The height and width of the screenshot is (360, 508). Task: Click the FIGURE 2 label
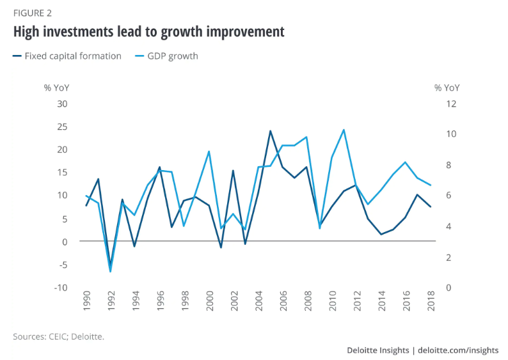(33, 12)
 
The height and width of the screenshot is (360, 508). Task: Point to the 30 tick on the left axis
(63, 104)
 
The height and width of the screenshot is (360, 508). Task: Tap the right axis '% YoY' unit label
(447, 88)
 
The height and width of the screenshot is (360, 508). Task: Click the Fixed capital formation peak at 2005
(270, 131)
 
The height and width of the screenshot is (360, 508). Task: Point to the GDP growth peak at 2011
(344, 130)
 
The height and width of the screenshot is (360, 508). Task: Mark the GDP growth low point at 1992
(111, 272)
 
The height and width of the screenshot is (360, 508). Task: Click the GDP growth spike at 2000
(209, 152)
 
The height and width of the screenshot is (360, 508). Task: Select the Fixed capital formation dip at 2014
(381, 235)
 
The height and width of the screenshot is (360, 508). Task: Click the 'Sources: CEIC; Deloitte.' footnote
(58, 335)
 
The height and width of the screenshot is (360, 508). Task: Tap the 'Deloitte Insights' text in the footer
(377, 350)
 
